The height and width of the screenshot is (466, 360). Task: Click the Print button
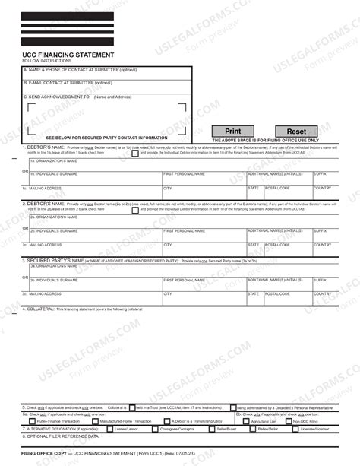233,132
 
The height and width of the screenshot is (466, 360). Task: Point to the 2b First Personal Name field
204,233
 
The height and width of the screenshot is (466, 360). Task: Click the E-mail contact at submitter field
106,85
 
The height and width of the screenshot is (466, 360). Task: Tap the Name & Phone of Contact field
106,71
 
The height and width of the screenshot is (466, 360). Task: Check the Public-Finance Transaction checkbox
33,420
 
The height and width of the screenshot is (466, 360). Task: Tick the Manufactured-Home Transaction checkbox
95,420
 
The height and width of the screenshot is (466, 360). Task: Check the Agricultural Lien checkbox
248,420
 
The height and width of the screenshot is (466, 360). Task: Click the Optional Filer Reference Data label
62,436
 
